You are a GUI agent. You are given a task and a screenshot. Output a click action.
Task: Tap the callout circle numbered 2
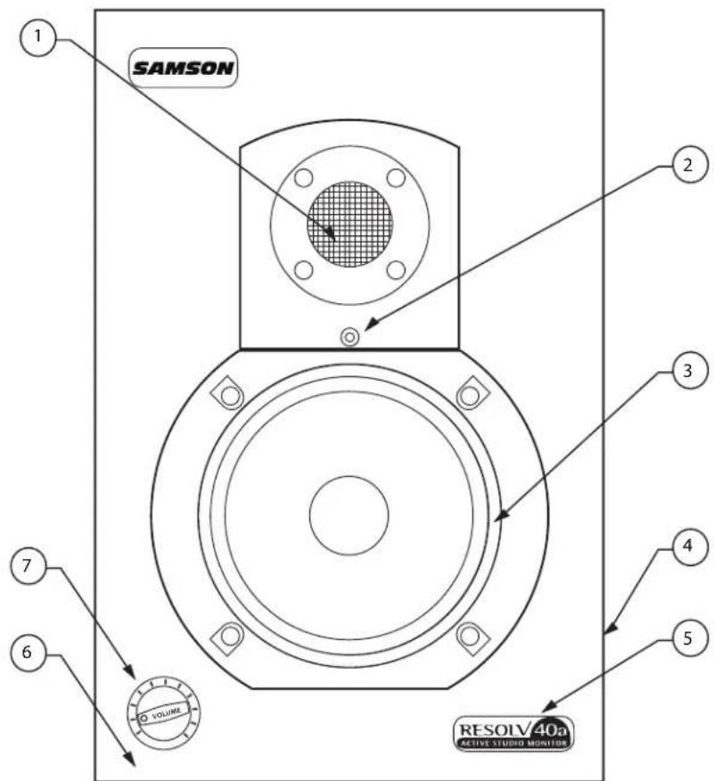coord(686,166)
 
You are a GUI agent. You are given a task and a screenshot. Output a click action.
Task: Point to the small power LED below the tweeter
coord(350,337)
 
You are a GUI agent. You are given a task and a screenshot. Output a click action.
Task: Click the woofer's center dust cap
coord(349,514)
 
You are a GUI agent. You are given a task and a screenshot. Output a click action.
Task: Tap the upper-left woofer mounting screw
coord(229,392)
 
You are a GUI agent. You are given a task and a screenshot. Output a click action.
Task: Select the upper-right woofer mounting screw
coord(470,392)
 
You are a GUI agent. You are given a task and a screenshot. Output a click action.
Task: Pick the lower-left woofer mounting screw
coord(229,636)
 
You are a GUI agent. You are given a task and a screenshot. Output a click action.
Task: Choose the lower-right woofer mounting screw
coord(470,636)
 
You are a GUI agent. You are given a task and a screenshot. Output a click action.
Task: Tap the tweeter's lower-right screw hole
coord(398,269)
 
